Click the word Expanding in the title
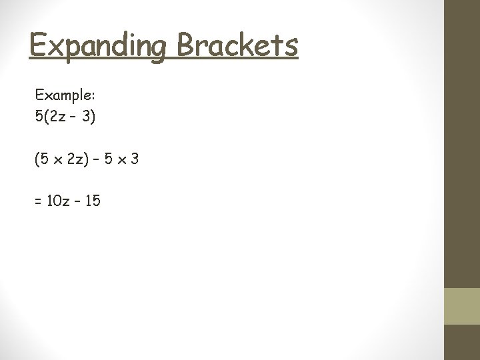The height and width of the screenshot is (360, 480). [97, 46]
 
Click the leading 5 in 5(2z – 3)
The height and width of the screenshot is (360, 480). [39, 117]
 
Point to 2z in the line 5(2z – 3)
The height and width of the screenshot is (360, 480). [57, 117]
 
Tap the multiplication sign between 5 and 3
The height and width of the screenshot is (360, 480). [123, 160]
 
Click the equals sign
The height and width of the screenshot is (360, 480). [38, 201]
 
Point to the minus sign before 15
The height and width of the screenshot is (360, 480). [78, 200]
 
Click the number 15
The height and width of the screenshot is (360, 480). [93, 200]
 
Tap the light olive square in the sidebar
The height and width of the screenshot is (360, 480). [462, 306]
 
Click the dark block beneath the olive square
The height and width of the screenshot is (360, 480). [462, 342]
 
